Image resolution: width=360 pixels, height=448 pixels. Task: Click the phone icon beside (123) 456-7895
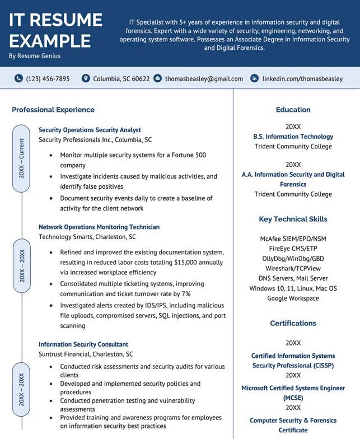18,79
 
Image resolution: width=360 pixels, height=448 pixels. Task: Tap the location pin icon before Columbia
86,79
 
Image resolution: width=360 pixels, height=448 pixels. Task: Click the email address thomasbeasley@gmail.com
204,79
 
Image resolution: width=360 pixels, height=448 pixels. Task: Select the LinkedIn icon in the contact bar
255,79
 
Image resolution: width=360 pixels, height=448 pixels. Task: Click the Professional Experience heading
53,110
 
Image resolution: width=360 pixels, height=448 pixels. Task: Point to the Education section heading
293,110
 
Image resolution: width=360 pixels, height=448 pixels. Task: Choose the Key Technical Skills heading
293,219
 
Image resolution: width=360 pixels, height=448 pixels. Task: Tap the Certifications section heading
293,323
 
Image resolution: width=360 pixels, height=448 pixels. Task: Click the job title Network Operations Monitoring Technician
99,227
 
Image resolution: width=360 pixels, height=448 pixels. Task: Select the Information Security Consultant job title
83,344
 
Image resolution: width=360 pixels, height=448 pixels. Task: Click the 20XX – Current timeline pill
21,158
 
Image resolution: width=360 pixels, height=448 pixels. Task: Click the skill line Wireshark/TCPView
293,268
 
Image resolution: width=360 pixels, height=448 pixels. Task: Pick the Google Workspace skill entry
293,298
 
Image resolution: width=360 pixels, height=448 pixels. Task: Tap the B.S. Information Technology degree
293,137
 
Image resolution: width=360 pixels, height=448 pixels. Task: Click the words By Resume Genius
35,56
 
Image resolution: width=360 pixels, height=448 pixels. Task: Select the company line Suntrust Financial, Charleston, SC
86,354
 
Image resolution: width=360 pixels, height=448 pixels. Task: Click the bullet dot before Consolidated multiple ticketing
52,284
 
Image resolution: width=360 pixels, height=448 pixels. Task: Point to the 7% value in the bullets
186,293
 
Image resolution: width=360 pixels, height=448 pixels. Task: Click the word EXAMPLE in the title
50,41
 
